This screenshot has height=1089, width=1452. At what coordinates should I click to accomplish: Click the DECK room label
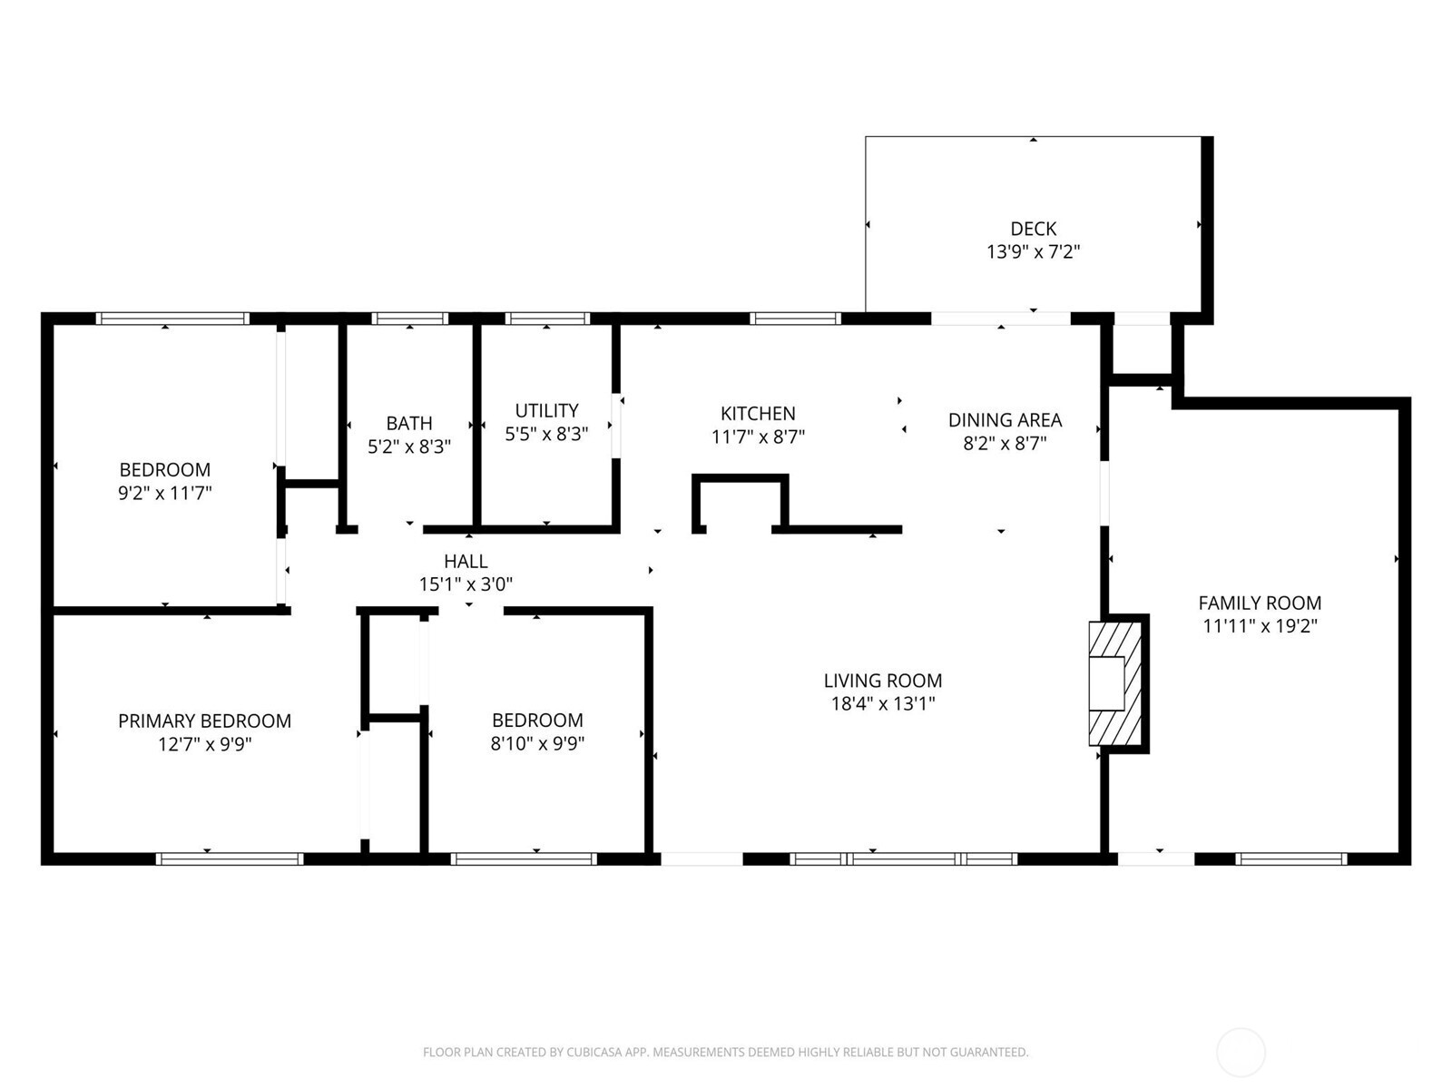coord(1033,229)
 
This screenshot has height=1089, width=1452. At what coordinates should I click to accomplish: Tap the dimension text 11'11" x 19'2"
coord(1260,626)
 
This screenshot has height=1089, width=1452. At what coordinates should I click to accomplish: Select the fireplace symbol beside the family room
coord(1114,683)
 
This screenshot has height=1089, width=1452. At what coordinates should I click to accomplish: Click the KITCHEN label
coord(758,414)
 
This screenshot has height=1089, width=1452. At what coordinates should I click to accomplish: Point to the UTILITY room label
coord(546,410)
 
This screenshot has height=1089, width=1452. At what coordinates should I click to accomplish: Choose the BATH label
coord(409,423)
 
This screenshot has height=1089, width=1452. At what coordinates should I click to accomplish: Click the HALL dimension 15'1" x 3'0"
coord(466,585)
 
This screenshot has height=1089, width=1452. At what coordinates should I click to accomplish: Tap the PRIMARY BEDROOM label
coord(204,721)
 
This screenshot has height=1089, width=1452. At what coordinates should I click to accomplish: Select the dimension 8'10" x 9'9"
coord(537,744)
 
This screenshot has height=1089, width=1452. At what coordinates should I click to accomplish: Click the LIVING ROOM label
coord(882,681)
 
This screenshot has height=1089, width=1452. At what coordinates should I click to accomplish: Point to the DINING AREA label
coord(1005,420)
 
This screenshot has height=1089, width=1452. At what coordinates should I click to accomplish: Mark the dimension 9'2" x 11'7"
coord(165,494)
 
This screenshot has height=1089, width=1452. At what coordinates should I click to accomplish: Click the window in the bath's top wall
coord(410,319)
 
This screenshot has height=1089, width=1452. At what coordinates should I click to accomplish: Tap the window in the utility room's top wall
coord(547,319)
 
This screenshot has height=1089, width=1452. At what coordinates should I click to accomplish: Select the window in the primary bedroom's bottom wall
coord(230,858)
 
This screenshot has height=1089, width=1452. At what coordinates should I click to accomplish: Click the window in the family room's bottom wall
coord(1290,858)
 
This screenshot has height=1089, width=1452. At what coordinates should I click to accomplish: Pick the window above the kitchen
coord(795,319)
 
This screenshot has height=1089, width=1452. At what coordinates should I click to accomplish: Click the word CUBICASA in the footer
coord(594,1053)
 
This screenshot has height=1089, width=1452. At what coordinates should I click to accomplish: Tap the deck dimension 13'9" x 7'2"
coord(1033,252)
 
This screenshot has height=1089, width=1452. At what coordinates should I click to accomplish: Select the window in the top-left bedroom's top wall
coord(172,319)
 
